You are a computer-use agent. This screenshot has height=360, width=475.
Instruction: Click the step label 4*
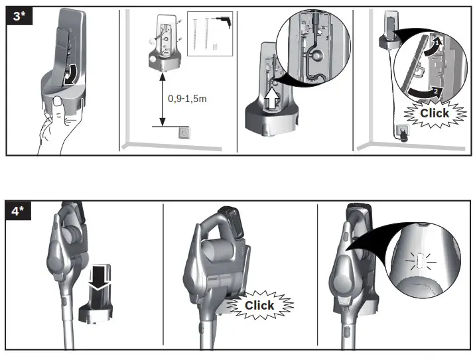tap(19, 212)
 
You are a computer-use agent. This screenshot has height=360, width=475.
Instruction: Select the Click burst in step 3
tap(435, 113)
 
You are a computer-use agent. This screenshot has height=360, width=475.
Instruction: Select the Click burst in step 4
tap(259, 305)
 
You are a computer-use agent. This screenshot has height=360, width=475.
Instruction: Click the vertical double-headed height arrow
tap(161, 99)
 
